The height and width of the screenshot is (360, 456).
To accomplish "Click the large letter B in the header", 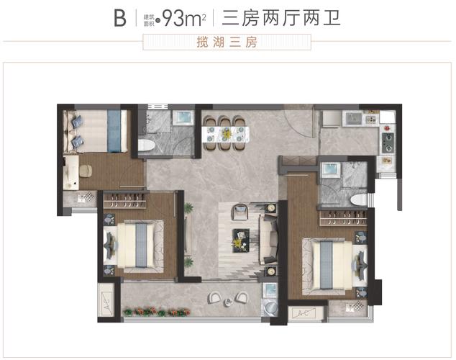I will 119,18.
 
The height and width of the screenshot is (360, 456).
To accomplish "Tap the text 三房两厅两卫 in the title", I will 281,18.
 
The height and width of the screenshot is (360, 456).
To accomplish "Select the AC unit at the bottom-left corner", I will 109,297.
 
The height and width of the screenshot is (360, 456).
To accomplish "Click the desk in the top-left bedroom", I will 73,172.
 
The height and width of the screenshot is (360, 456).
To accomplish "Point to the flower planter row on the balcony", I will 153,312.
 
